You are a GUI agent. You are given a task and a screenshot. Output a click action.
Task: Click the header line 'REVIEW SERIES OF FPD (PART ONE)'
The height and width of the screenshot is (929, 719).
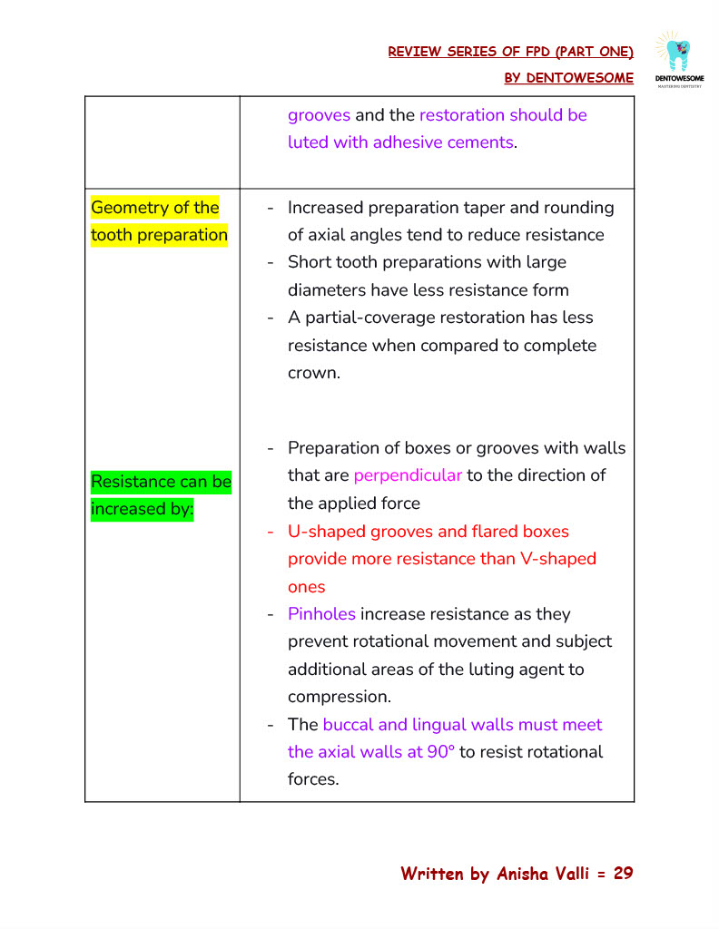(x=510, y=52)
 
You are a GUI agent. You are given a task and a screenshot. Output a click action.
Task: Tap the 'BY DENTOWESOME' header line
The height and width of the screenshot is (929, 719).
(x=568, y=78)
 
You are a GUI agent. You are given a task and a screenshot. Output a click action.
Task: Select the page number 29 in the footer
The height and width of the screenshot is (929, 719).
(x=623, y=874)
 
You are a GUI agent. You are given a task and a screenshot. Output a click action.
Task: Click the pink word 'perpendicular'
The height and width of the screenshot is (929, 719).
(x=408, y=475)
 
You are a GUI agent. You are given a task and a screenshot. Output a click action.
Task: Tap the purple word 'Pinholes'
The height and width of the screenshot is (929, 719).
(x=321, y=614)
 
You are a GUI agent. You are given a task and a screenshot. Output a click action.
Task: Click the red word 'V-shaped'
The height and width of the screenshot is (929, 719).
(x=558, y=559)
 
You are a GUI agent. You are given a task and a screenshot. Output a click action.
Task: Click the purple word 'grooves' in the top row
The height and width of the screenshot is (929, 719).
(x=319, y=115)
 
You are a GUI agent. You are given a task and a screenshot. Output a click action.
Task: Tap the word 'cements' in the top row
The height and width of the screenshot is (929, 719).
(x=479, y=142)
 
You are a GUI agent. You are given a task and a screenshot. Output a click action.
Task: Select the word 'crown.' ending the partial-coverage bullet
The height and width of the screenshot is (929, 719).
(x=314, y=373)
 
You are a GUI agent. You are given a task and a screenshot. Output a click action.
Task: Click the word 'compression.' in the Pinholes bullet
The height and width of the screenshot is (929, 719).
(x=340, y=697)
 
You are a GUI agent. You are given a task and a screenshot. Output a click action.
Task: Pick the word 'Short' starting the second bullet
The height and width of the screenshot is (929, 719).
(x=311, y=262)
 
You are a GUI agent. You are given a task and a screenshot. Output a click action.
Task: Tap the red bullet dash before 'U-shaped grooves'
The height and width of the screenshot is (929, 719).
(x=271, y=532)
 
